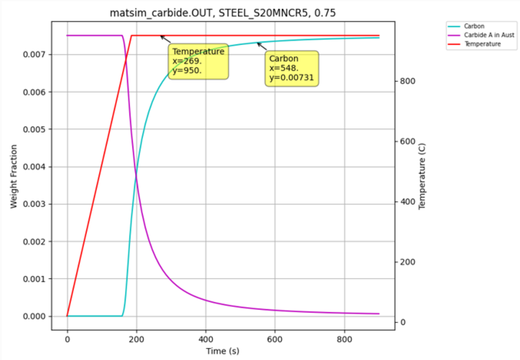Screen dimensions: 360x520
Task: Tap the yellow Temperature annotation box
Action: [198, 61]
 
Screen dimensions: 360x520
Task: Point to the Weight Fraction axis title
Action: [14, 176]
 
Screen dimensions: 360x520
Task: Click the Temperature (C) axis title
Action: [422, 176]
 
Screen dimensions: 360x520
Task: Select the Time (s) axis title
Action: [223, 351]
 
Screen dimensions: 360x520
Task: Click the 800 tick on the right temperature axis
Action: [409, 81]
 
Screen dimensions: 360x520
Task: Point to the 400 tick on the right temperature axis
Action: [409, 202]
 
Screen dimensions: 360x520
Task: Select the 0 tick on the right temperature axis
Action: [402, 322]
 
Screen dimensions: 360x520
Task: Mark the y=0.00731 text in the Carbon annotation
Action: [292, 78]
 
